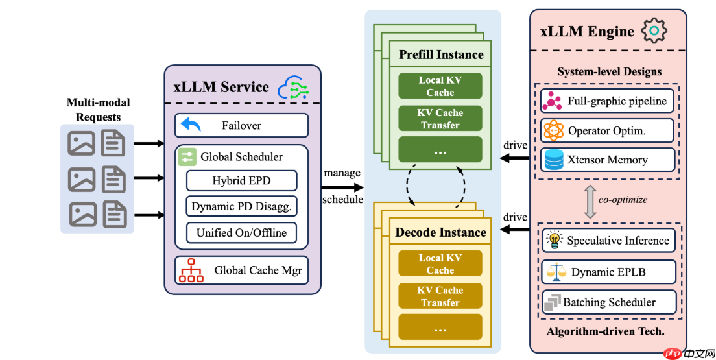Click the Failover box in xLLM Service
tap(241, 125)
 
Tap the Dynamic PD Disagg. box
tap(241, 207)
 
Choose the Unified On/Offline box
tap(241, 233)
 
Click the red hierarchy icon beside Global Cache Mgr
tap(191, 270)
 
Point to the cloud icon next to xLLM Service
tap(292, 87)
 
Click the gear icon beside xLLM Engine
tap(654, 30)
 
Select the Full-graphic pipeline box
tap(608, 101)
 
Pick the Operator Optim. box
tap(608, 130)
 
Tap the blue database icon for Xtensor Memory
tap(555, 160)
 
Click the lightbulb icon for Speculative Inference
tap(555, 240)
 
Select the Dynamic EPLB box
tap(608, 272)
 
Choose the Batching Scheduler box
tap(608, 302)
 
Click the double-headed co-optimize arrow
tap(590, 200)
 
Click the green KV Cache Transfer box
tap(440, 119)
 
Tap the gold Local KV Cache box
tap(440, 264)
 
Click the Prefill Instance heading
tap(441, 54)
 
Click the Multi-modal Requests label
tap(99, 110)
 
